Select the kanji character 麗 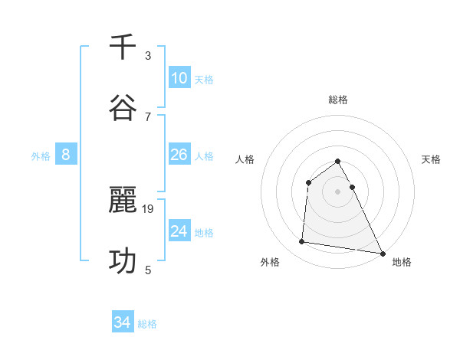[x=123, y=201]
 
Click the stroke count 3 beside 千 [x=148, y=56]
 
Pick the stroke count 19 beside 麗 [x=149, y=208]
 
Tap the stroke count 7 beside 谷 [x=148, y=116]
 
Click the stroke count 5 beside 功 [x=148, y=270]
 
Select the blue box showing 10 [x=179, y=78]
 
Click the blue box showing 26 [x=179, y=155]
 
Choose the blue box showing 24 [x=179, y=231]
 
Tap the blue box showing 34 [x=123, y=323]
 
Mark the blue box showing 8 [x=66, y=155]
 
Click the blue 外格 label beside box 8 [x=41, y=156]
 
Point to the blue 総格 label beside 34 [x=147, y=324]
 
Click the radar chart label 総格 [x=338, y=100]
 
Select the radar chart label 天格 [x=432, y=159]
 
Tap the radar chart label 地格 [x=402, y=263]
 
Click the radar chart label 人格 [x=245, y=159]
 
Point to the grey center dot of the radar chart [x=338, y=191]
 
